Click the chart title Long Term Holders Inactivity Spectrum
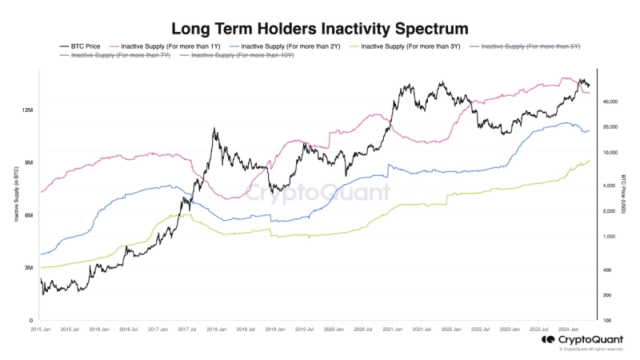click(x=320, y=29)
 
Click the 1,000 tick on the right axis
click(x=610, y=237)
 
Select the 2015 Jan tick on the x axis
click(x=42, y=329)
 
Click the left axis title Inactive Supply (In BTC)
click(x=16, y=197)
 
